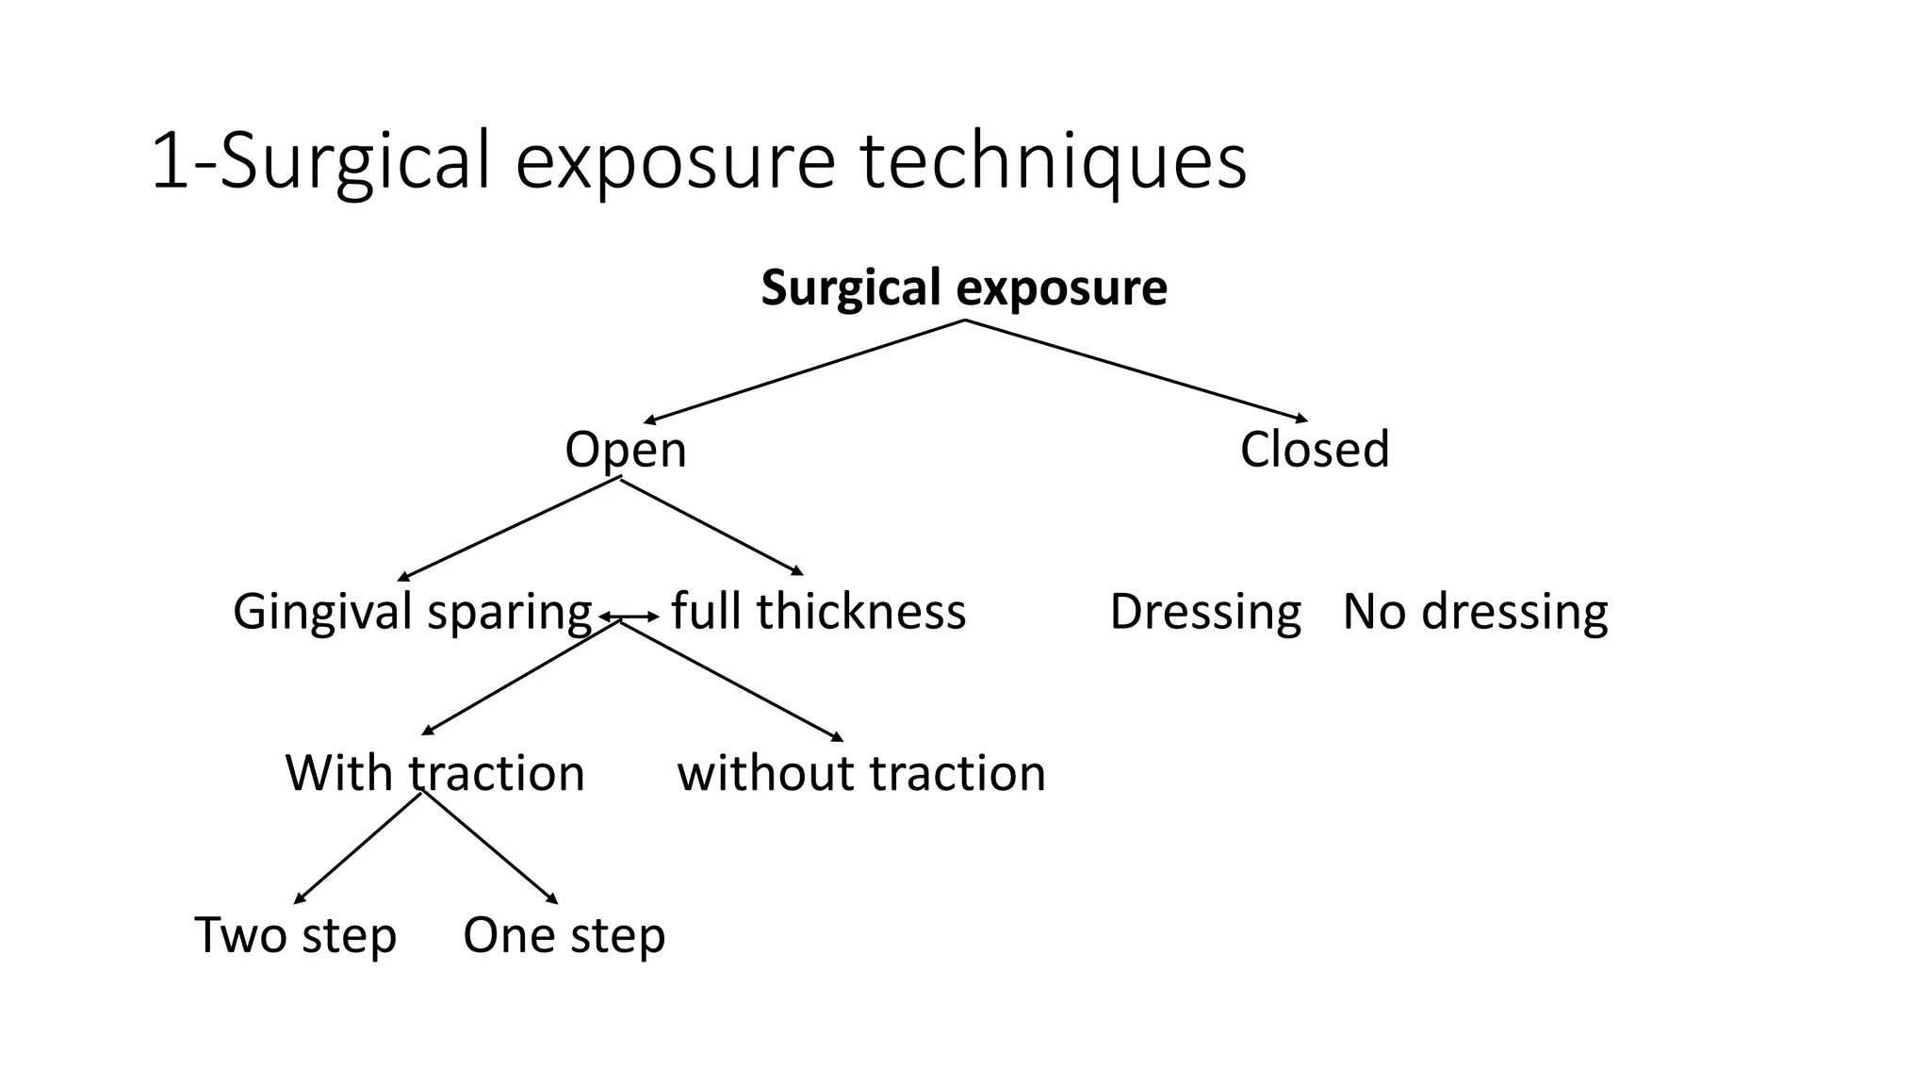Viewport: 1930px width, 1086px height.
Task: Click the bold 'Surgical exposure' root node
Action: pyautogui.click(x=964, y=288)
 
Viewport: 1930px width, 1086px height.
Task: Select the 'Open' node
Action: pyautogui.click(x=625, y=450)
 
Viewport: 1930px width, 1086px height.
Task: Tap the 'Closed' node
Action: pyautogui.click(x=1315, y=450)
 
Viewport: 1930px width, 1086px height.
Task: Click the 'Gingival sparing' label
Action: pyautogui.click(x=412, y=612)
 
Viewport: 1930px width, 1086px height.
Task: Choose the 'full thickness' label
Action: pyautogui.click(x=818, y=612)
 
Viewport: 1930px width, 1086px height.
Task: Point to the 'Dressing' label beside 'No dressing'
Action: pyautogui.click(x=1205, y=612)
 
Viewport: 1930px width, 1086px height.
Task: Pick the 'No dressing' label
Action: pyautogui.click(x=1475, y=612)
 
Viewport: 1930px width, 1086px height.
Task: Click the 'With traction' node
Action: pyautogui.click(x=434, y=773)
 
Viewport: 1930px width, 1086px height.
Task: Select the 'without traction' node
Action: pyautogui.click(x=861, y=773)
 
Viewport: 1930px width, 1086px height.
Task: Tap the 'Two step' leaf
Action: pyautogui.click(x=295, y=935)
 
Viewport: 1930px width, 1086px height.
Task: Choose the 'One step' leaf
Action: pyautogui.click(x=564, y=935)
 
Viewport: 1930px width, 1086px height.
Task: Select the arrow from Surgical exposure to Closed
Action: pyautogui.click(x=1136, y=370)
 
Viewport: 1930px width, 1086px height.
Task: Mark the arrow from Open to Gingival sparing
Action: pyautogui.click(x=509, y=530)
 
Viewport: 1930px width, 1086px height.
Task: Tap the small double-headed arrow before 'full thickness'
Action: pyautogui.click(x=630, y=617)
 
